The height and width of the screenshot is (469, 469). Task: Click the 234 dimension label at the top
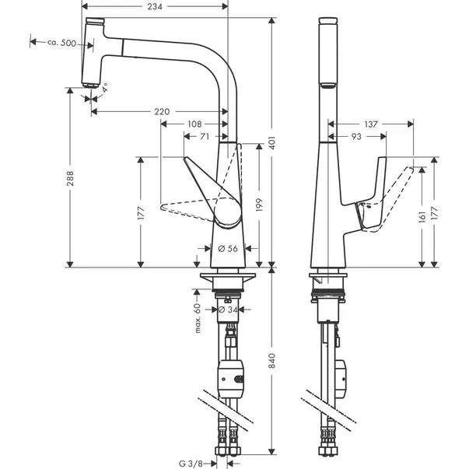pos(155,6)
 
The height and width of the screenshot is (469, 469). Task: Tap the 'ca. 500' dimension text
pos(61,43)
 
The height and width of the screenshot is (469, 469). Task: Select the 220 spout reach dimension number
pos(162,111)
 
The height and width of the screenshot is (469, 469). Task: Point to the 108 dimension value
pos(194,124)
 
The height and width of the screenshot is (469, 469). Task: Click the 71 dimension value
pos(205,136)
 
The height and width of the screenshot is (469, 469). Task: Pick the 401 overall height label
pos(271,143)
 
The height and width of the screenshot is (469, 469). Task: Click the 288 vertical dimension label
pos(70,178)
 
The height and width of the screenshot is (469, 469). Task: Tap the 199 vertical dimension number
pos(259,205)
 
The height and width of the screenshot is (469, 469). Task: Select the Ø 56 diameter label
pos(228,248)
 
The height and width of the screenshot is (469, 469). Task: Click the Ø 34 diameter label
pos(228,310)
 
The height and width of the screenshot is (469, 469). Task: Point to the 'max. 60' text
pos(198,317)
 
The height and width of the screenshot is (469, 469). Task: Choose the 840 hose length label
pos(271,360)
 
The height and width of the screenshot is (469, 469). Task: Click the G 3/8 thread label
pos(191,464)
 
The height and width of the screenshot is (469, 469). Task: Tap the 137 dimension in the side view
pos(371,124)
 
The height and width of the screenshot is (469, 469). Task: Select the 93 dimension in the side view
pos(356,136)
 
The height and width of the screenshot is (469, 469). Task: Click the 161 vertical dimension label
pos(422,217)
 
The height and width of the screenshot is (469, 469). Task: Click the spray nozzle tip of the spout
pos(90,86)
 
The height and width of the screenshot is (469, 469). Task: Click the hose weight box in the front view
pos(231,379)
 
